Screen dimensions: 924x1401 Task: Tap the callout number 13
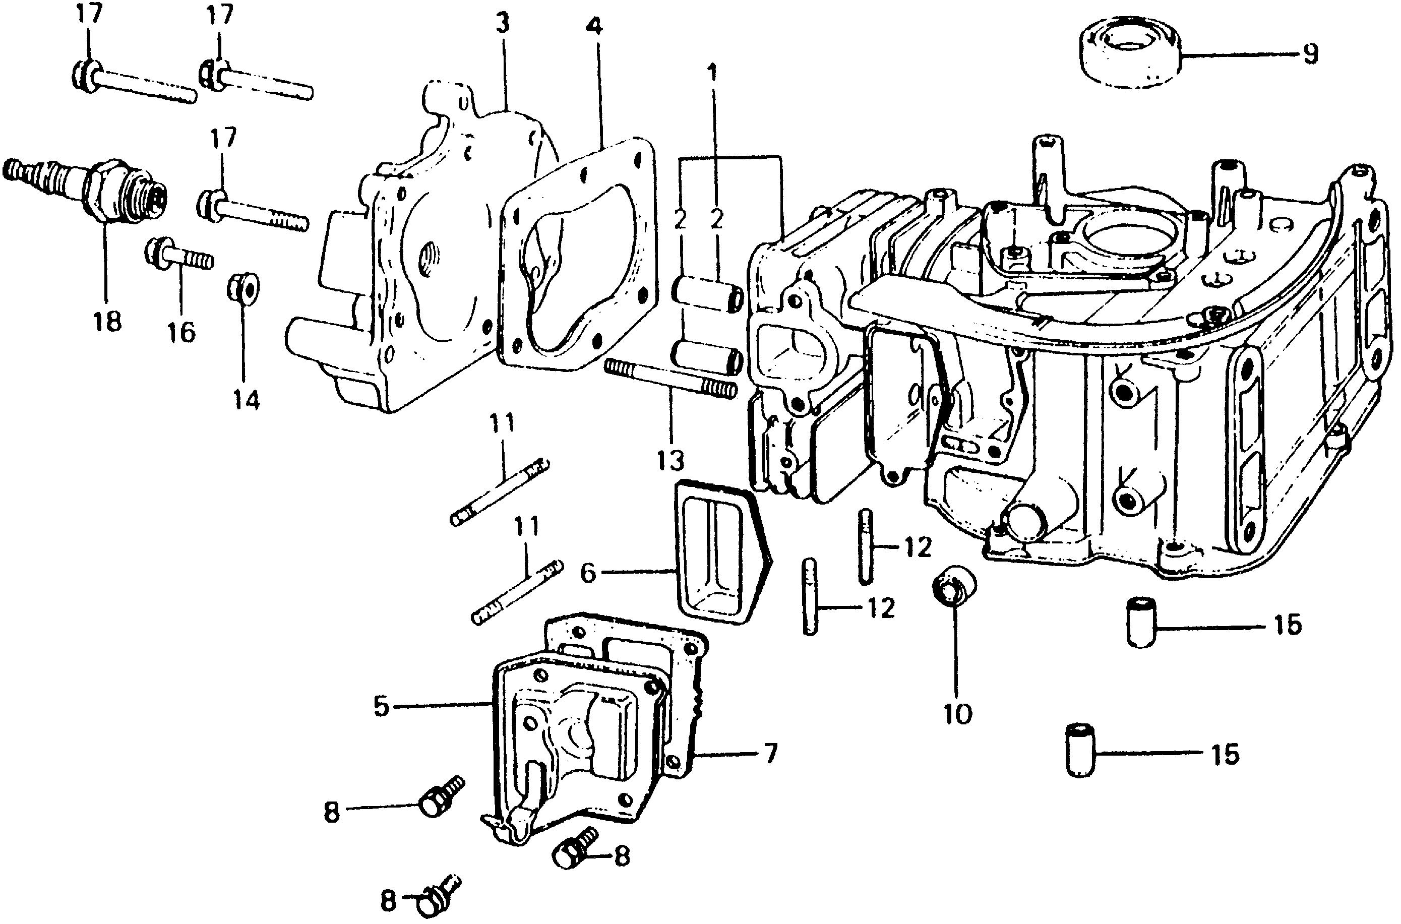tap(670, 459)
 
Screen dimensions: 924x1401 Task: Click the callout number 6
tap(588, 572)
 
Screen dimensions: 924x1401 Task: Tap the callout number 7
tap(770, 753)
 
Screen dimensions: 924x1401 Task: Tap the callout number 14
tap(246, 401)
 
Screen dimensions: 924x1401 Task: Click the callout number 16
tap(180, 333)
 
